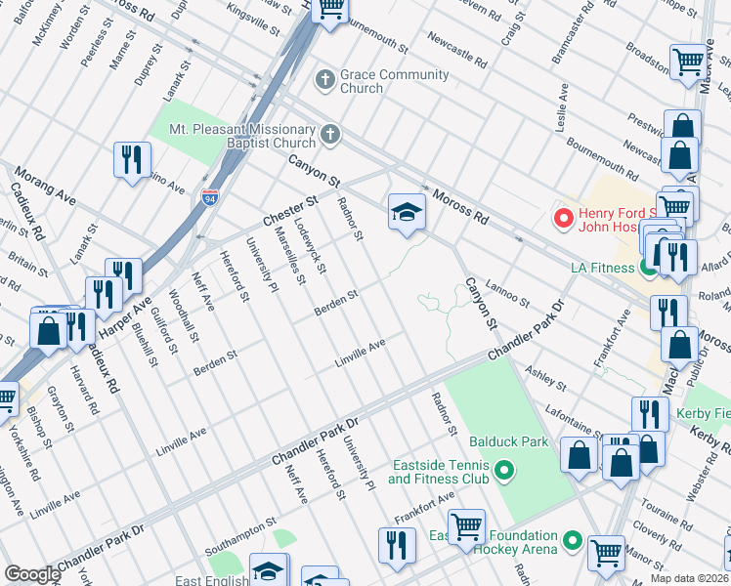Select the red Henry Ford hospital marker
(562, 216)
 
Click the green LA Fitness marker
(648, 267)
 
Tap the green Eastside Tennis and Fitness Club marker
(504, 473)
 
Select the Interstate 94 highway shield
(210, 198)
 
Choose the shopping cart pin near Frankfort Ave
(467, 526)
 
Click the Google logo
(32, 574)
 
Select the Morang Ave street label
(44, 186)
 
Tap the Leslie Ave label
(563, 106)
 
